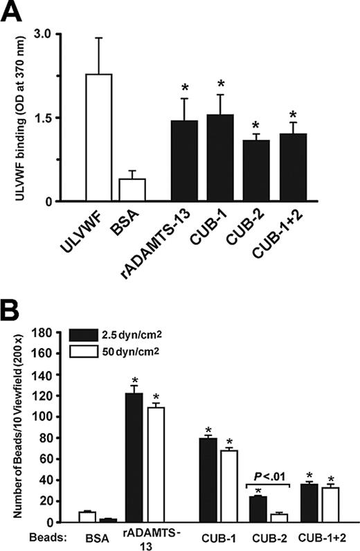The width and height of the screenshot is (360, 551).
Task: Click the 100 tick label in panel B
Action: point(48,416)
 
